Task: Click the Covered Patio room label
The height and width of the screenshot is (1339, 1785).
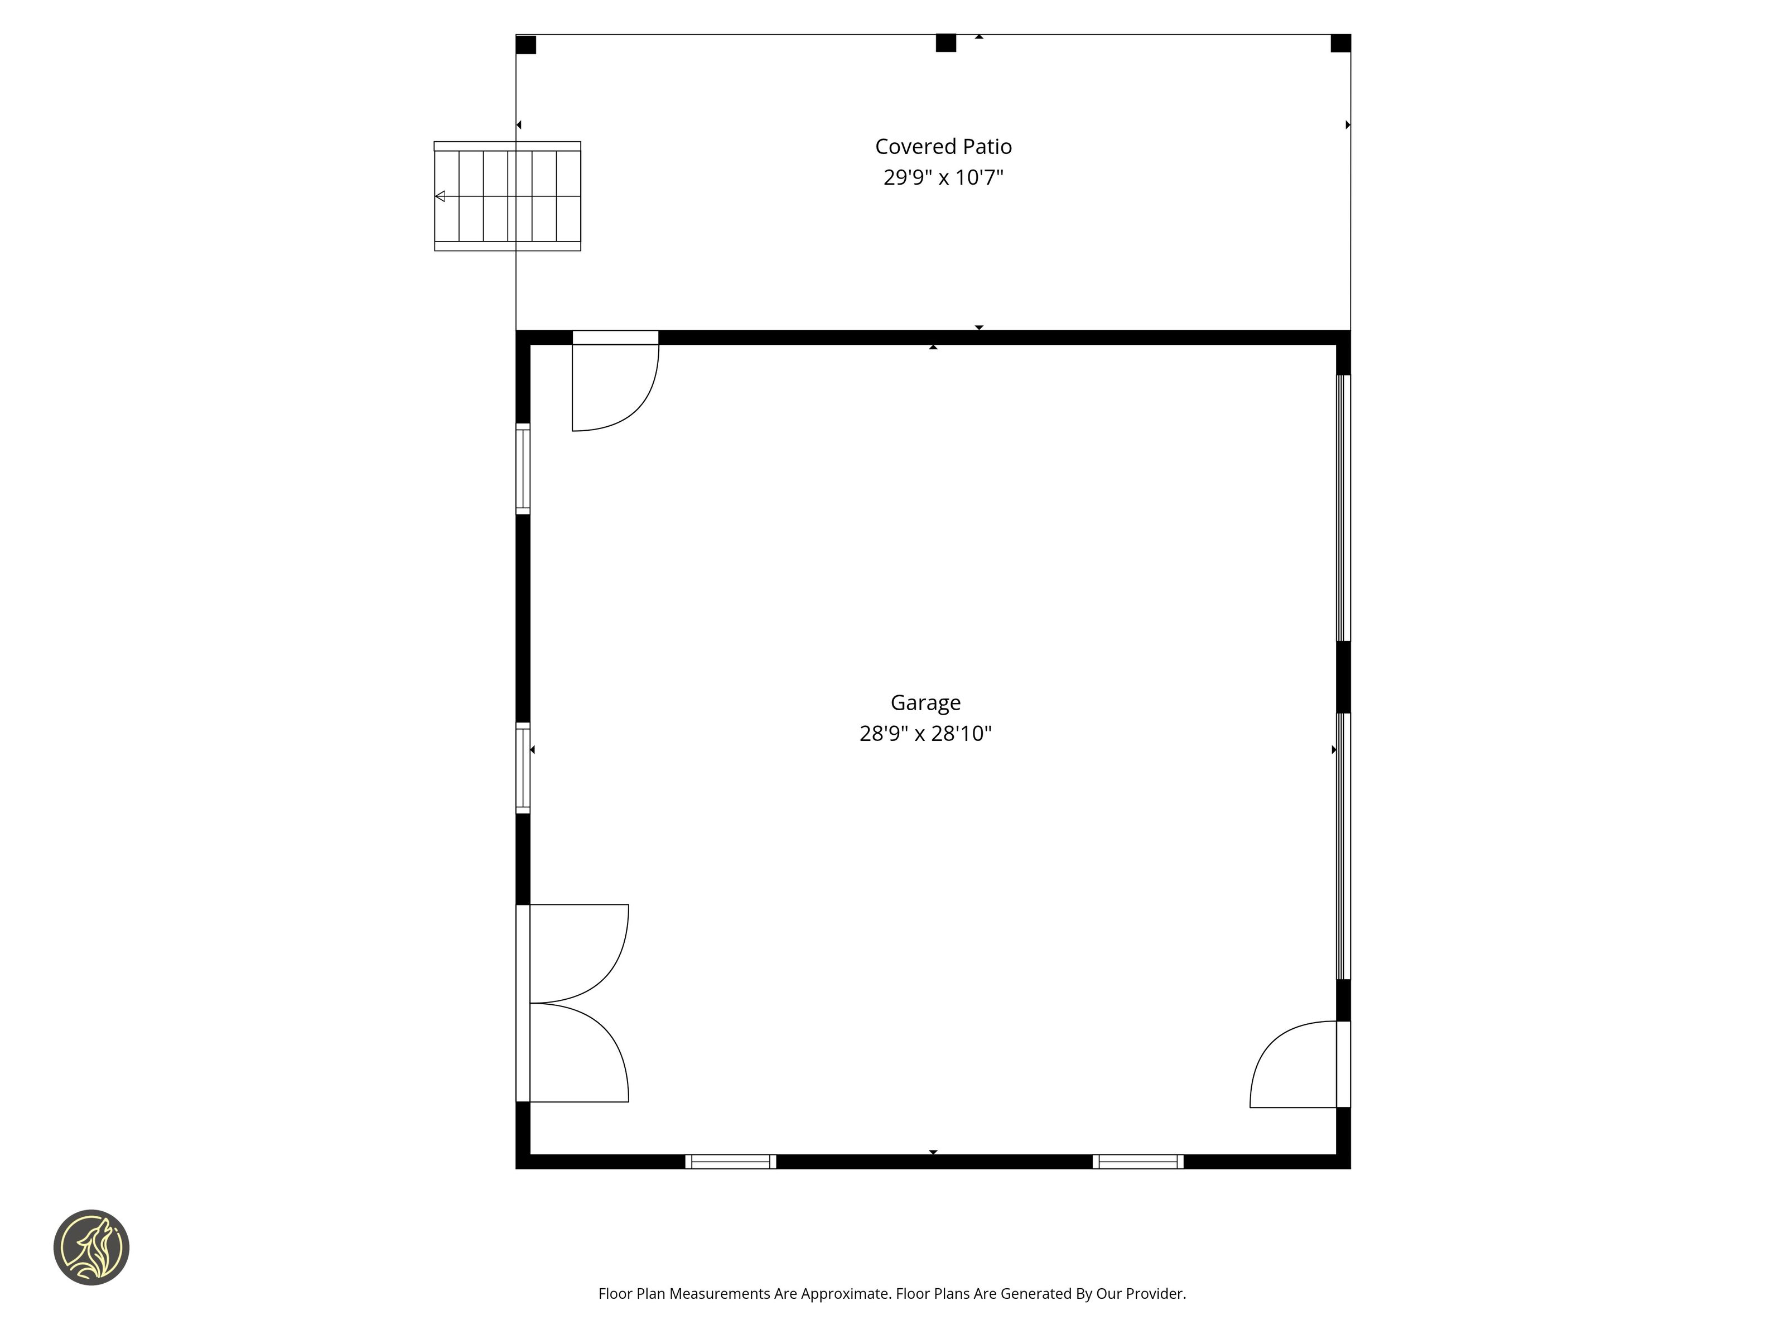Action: (x=943, y=146)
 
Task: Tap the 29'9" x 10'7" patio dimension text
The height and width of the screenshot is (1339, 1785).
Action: (x=943, y=177)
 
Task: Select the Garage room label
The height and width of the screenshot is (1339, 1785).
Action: (x=925, y=702)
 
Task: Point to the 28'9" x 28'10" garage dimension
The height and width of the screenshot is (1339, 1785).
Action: (x=925, y=733)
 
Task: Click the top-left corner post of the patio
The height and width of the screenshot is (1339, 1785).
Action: (x=526, y=45)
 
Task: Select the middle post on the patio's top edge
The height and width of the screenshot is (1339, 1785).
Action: (x=945, y=43)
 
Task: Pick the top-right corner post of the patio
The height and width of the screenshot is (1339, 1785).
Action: (x=1340, y=43)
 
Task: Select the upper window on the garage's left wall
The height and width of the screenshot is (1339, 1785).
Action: (x=523, y=468)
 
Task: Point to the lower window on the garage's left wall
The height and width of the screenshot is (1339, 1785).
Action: (x=523, y=768)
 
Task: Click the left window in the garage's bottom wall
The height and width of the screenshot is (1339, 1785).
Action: (x=731, y=1162)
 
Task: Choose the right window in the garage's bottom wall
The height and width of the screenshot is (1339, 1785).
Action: (x=1138, y=1162)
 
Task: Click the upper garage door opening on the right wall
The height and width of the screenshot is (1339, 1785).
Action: (x=1344, y=508)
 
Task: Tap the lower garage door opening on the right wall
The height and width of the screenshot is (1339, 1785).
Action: (x=1344, y=846)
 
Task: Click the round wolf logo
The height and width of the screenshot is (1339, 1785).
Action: (x=91, y=1247)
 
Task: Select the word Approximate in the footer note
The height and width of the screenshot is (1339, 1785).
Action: (x=845, y=1294)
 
